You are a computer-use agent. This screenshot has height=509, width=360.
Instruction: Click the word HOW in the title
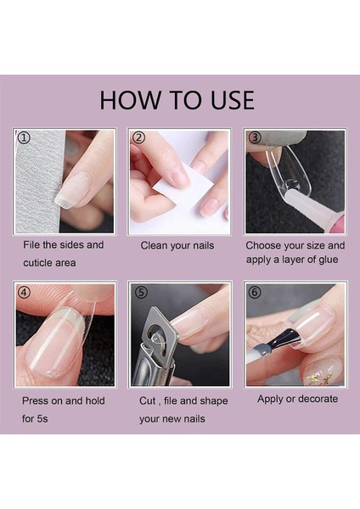tap(130, 100)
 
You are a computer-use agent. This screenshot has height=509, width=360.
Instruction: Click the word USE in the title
tap(233, 100)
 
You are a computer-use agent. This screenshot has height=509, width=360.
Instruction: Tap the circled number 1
tap(24, 137)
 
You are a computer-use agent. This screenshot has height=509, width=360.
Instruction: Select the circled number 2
tap(138, 137)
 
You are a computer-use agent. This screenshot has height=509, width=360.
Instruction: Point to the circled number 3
tap(255, 137)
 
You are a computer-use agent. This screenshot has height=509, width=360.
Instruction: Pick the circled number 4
tap(25, 293)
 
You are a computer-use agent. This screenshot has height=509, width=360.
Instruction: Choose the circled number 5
tap(140, 293)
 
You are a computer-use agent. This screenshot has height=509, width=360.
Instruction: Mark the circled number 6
tap(255, 293)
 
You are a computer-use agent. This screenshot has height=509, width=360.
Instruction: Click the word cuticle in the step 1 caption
tap(36, 263)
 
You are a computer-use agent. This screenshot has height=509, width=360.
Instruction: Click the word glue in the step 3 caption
tap(328, 260)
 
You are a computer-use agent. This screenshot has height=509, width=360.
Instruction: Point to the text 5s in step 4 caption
tap(42, 418)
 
